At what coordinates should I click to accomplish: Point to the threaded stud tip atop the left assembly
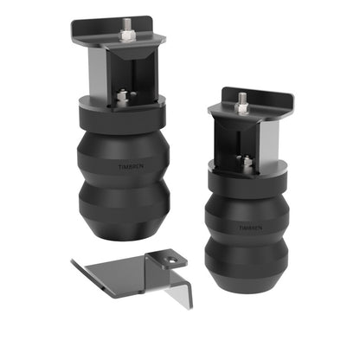(127, 22)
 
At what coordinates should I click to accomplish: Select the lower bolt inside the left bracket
(123, 96)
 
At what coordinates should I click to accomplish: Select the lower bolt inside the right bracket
(244, 160)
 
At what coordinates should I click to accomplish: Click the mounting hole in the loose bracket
(171, 259)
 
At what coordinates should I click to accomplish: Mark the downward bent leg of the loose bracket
(176, 290)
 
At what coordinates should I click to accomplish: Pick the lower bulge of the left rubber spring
(123, 208)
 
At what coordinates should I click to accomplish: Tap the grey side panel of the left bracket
(98, 70)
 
